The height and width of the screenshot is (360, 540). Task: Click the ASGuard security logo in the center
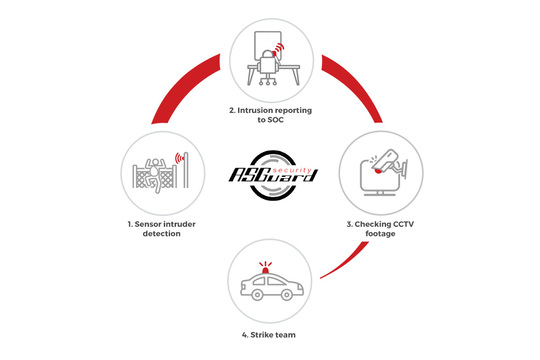click(273, 175)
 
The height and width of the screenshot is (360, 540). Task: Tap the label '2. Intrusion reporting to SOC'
click(270, 115)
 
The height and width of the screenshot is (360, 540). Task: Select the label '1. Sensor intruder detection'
click(162, 229)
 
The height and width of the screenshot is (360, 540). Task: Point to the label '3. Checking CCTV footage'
click(380, 229)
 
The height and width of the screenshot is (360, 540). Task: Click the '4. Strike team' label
click(269, 335)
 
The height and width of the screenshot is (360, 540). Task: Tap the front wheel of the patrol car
click(287, 294)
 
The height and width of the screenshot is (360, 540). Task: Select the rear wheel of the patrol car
click(257, 294)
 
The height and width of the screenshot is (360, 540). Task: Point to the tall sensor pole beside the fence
click(186, 170)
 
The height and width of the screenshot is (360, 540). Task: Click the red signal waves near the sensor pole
click(180, 158)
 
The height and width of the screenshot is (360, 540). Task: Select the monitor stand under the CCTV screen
click(380, 193)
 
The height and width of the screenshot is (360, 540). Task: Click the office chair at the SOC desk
click(268, 67)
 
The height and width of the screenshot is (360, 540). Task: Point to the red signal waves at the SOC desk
click(279, 49)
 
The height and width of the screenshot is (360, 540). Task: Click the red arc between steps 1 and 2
click(181, 87)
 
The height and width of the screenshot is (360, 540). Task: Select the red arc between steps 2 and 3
click(355, 87)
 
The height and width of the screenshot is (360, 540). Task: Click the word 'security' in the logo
click(292, 170)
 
